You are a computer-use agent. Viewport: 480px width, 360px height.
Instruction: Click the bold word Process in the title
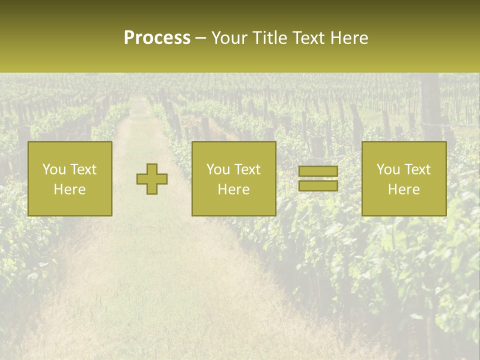(x=157, y=38)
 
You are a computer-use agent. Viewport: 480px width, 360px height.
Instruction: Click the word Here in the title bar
(x=349, y=38)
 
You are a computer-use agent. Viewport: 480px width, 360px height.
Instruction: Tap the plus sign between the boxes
(x=152, y=179)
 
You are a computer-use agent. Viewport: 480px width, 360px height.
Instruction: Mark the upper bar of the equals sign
(x=318, y=171)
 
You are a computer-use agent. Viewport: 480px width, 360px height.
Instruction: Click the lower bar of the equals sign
(x=318, y=186)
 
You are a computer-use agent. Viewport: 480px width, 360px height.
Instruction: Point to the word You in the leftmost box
(x=53, y=169)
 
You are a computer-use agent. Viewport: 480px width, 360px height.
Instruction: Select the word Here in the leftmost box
(x=69, y=189)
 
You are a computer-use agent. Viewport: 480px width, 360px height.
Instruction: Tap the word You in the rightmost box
(x=387, y=169)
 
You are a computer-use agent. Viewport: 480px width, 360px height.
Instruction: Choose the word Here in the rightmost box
(x=403, y=189)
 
